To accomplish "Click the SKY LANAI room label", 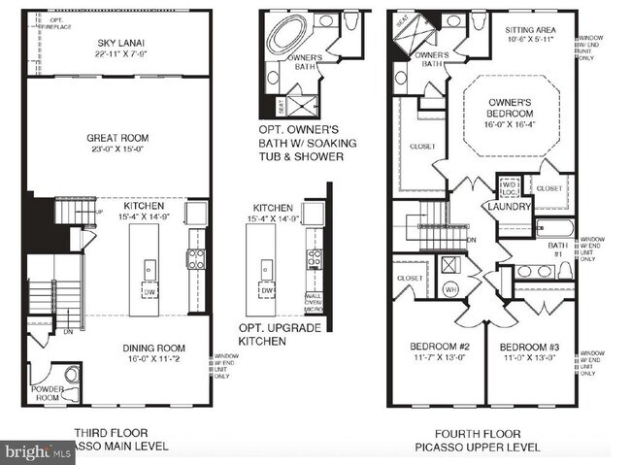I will pyautogui.click(x=120, y=48).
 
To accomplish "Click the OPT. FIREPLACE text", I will pyautogui.click(x=60, y=23).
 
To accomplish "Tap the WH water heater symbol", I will pyautogui.click(x=450, y=288).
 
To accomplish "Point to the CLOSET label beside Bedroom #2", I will pyautogui.click(x=410, y=279).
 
